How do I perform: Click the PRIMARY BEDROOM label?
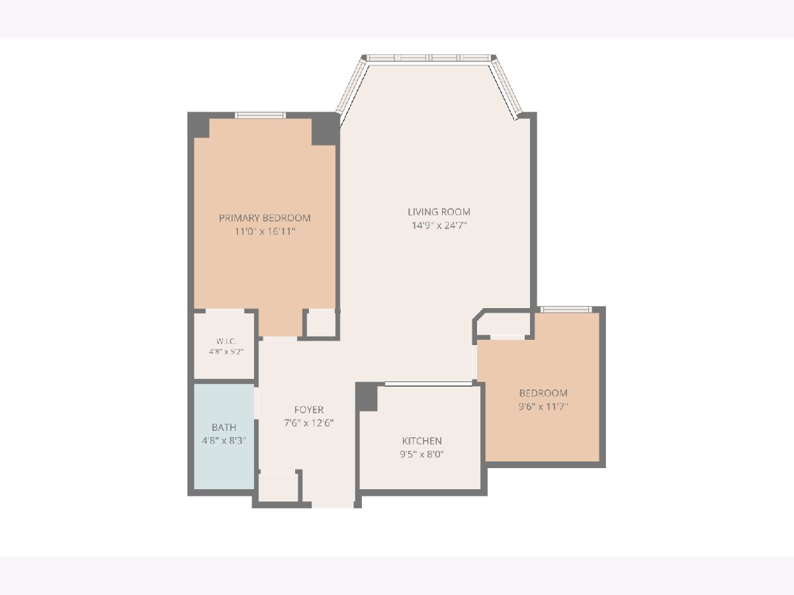265,218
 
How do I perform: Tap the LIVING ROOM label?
439,212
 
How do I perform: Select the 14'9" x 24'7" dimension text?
439,225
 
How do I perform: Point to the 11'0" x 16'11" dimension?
265,231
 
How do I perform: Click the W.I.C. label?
226,341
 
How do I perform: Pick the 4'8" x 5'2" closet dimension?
226,352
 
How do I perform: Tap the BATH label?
224,427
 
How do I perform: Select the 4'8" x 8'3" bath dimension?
224,440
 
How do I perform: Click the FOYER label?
309,410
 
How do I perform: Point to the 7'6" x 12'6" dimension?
309,422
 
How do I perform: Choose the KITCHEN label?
421,441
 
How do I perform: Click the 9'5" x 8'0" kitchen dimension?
421,454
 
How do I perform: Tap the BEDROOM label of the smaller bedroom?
543,393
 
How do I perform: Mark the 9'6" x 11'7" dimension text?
543,407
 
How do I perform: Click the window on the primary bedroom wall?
260,115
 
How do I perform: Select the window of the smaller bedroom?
566,309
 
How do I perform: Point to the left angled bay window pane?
351,87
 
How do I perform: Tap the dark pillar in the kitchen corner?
367,397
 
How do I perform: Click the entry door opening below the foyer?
333,505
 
